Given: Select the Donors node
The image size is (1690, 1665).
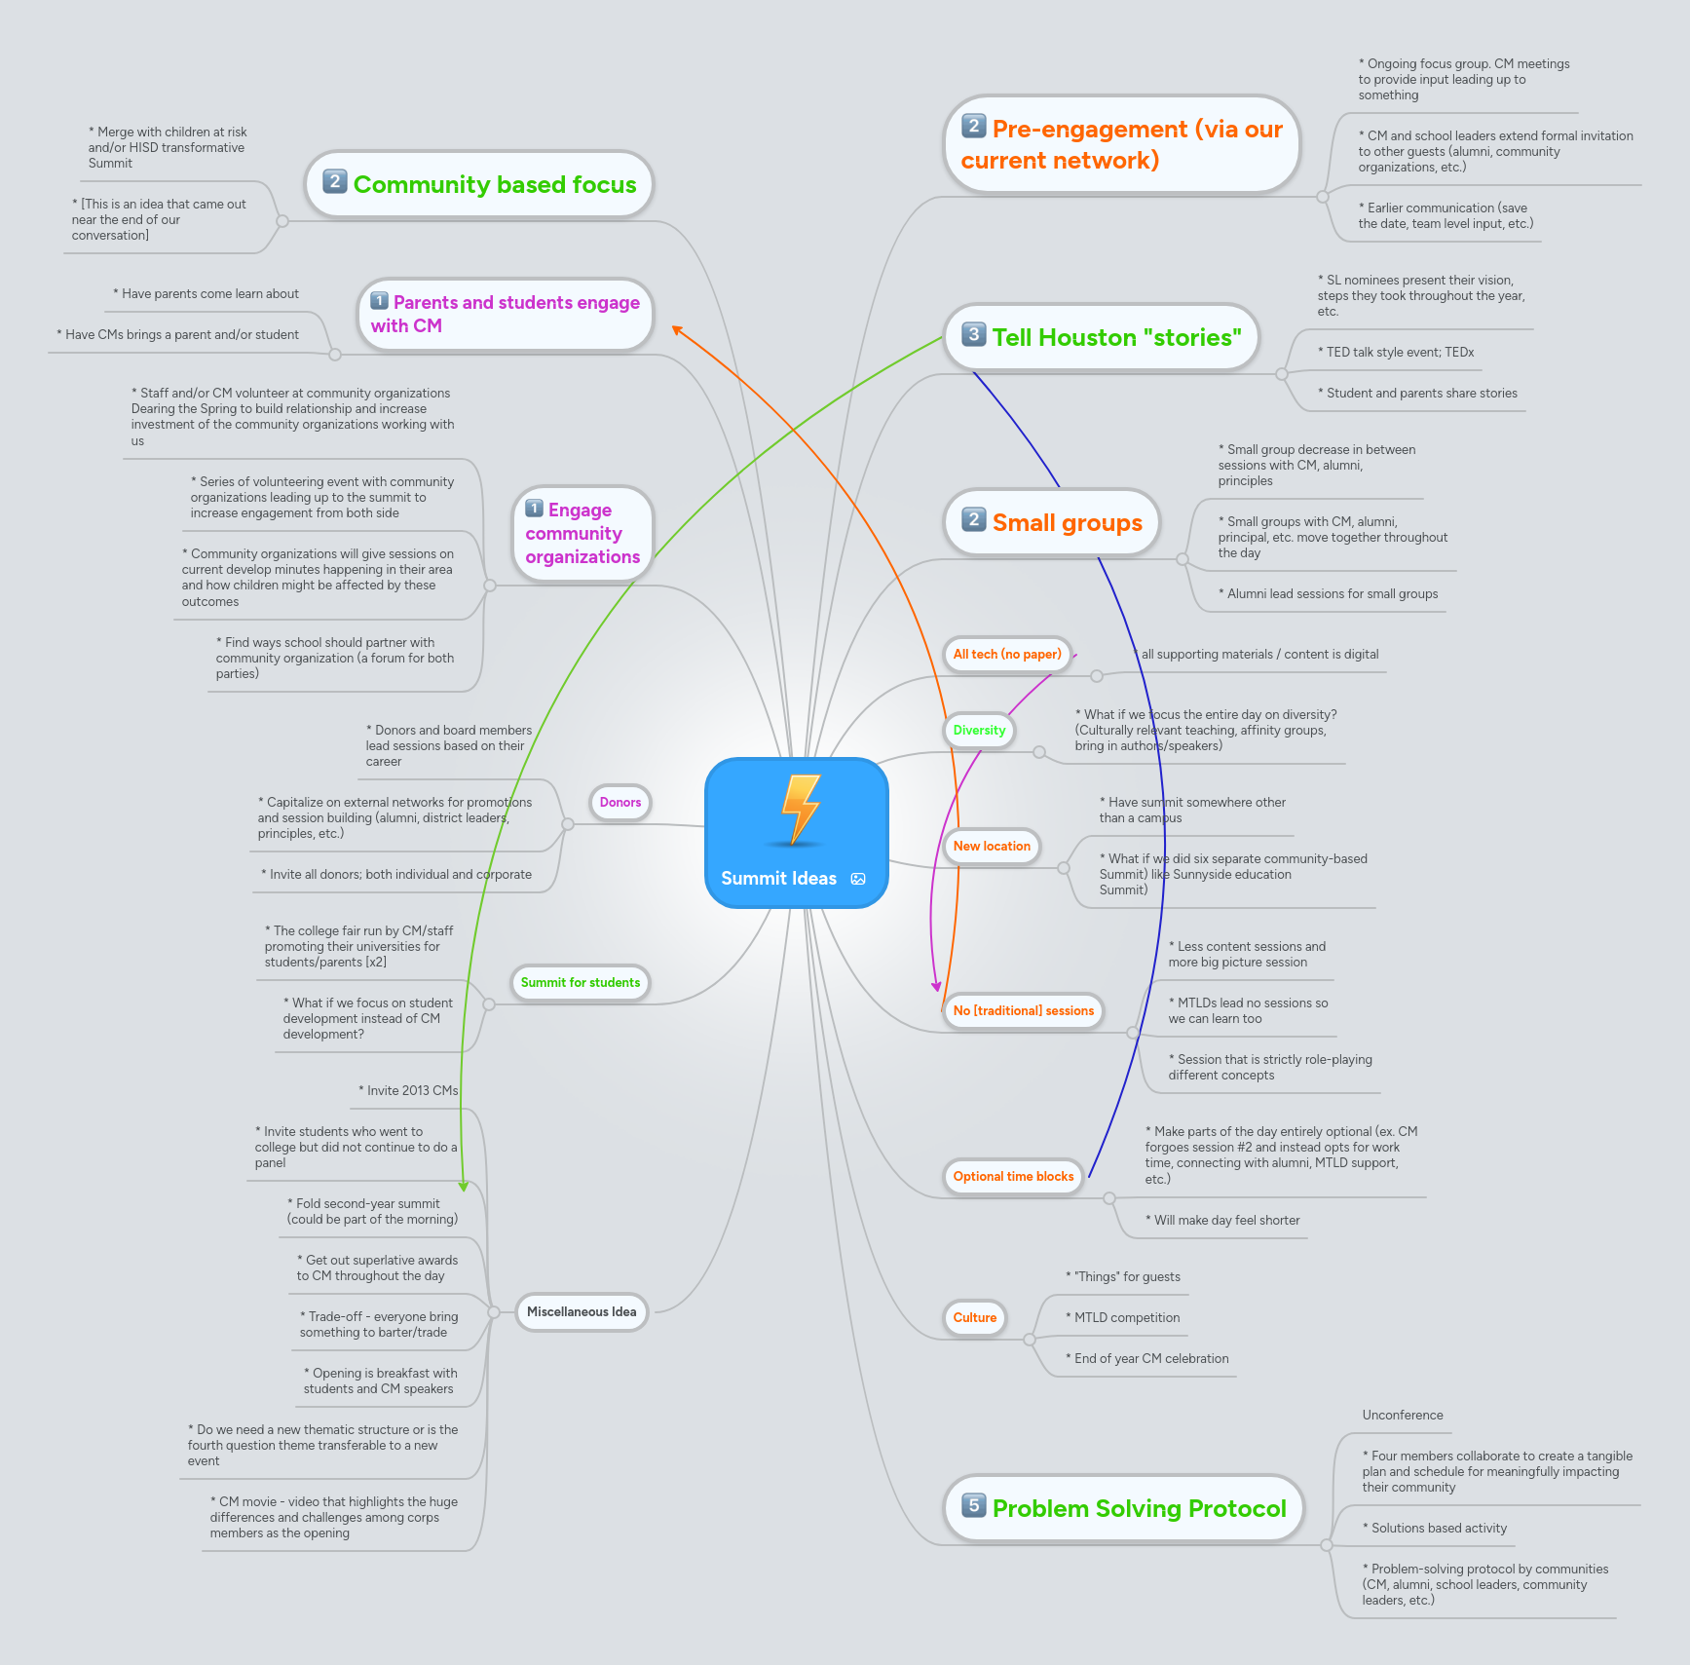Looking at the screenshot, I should [620, 803].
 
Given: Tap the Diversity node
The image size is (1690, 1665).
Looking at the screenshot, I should [979, 731].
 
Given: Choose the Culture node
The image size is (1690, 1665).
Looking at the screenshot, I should [974, 1318].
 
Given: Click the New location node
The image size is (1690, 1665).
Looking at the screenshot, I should [992, 847].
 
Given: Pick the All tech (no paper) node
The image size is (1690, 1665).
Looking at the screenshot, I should [1007, 655].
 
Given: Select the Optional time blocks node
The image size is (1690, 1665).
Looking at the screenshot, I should [1013, 1177].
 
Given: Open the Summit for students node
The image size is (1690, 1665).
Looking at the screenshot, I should [581, 983].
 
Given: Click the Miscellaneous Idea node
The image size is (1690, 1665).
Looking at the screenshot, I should [582, 1312].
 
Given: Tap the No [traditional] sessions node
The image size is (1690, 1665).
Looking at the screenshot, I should [1024, 1011].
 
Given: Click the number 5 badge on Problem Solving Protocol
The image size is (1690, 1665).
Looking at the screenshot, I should [973, 1505].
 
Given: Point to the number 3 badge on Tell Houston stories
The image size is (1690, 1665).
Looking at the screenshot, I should [973, 334].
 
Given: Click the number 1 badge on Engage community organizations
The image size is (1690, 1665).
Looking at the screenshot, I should [535, 508].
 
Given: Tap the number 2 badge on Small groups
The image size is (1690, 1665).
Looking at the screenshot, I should [973, 519].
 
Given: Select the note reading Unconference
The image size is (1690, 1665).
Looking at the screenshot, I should [1403, 1416].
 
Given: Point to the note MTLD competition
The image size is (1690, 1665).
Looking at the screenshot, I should [1126, 1318].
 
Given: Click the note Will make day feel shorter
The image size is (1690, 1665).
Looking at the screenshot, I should [1226, 1221].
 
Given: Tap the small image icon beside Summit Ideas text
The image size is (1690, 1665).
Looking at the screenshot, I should [858, 879].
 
